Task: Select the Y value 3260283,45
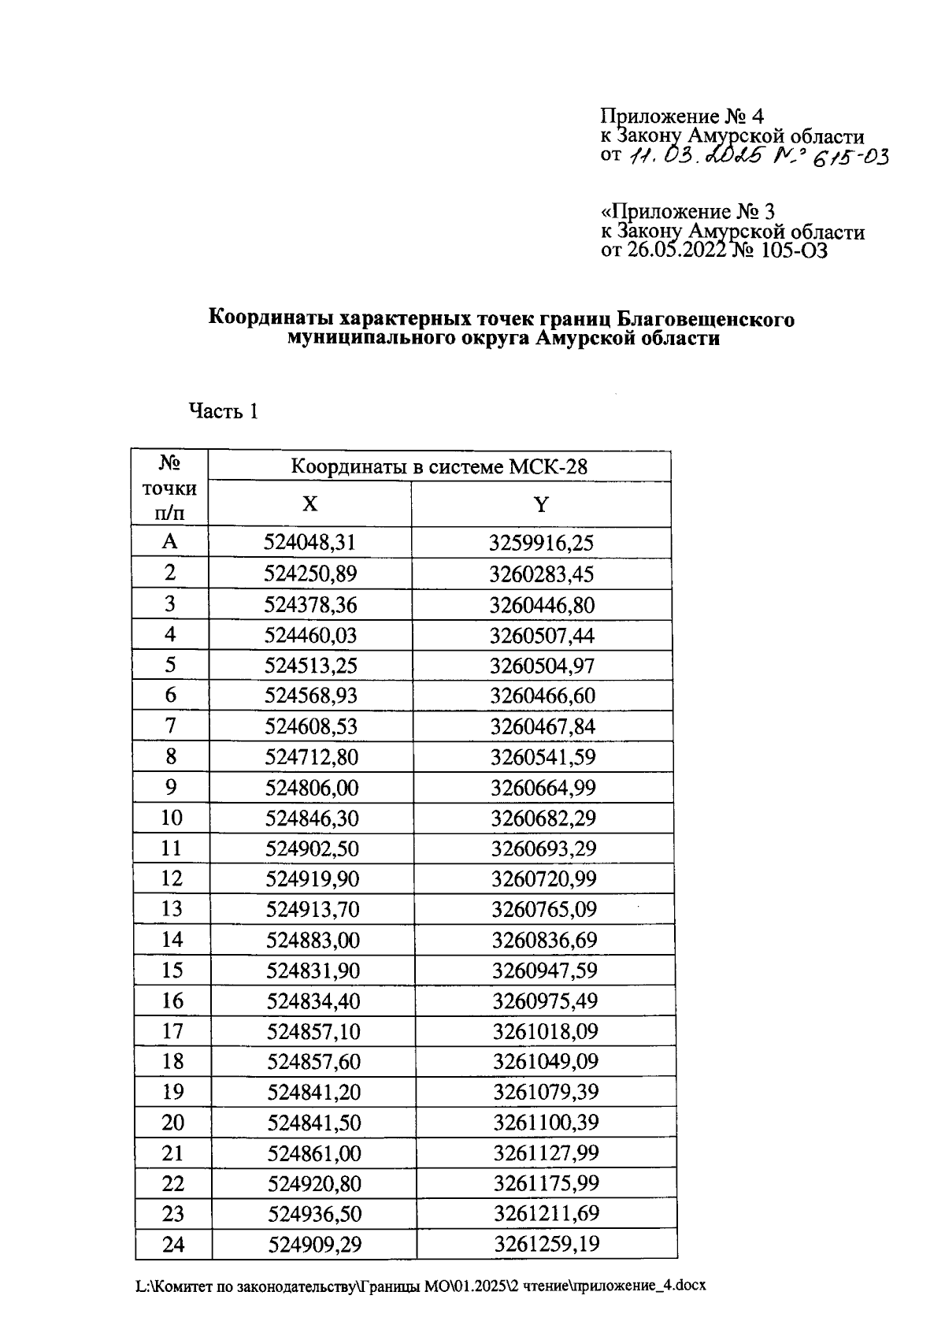541,573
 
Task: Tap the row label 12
171,878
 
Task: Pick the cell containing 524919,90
312,879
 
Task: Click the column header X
310,504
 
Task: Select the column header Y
540,505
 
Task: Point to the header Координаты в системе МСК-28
439,467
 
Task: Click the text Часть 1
223,411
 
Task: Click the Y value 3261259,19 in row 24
546,1245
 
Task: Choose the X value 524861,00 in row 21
314,1153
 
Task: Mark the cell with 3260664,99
543,788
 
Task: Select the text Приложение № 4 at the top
682,117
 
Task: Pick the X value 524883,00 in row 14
313,940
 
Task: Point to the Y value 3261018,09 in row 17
545,1031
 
